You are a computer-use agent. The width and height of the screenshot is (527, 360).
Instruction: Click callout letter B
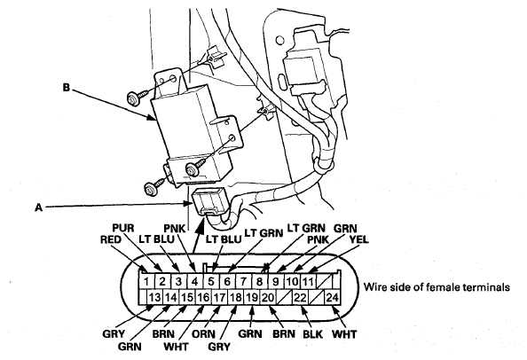(x=67, y=88)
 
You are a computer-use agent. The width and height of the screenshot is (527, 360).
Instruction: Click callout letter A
(x=39, y=207)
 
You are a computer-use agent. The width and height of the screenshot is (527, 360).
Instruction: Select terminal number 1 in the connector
(x=146, y=281)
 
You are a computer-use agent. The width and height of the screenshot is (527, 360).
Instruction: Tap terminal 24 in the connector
(x=333, y=297)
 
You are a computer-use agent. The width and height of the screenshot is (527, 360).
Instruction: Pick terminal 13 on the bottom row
(x=155, y=297)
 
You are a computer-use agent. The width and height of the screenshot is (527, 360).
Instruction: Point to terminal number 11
(x=308, y=281)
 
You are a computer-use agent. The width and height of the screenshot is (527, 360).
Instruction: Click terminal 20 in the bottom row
(x=268, y=297)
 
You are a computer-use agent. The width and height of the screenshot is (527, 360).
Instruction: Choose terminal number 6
(x=227, y=281)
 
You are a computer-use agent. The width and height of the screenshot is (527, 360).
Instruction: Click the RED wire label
(x=111, y=239)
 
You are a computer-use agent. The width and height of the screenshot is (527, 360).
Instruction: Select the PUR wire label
(x=123, y=228)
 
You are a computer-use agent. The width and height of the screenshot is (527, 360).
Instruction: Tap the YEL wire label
(x=358, y=239)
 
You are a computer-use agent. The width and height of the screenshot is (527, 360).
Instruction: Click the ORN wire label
(x=203, y=334)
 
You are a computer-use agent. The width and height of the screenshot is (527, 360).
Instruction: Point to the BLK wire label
(x=312, y=334)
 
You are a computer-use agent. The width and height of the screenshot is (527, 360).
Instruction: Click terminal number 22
(x=300, y=297)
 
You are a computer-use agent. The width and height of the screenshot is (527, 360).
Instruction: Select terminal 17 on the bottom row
(x=219, y=297)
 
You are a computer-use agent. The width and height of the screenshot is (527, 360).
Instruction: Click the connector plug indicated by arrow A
(x=211, y=201)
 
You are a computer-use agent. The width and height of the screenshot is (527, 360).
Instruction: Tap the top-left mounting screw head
(x=132, y=99)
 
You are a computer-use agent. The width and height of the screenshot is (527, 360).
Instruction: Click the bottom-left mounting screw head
(x=150, y=189)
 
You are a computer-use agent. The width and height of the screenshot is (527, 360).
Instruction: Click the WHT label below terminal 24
(x=344, y=334)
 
